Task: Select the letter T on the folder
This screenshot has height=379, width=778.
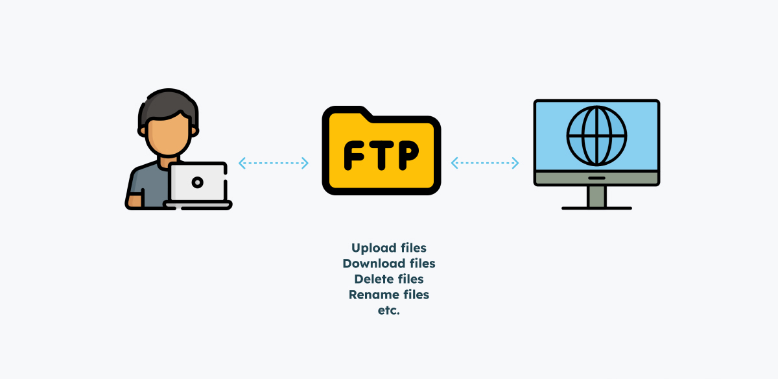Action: coord(381,154)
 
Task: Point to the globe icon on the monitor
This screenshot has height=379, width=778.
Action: coord(596,136)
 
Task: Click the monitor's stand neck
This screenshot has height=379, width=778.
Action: coord(596,197)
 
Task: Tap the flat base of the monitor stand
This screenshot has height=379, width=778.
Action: coord(596,208)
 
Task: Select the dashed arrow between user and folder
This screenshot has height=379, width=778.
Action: coord(274,163)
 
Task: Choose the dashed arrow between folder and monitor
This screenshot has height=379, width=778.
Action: coord(486,163)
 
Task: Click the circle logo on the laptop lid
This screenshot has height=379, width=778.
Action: coord(198,183)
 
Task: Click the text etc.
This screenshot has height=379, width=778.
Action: coord(389,310)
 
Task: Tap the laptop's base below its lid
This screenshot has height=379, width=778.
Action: coord(198,204)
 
